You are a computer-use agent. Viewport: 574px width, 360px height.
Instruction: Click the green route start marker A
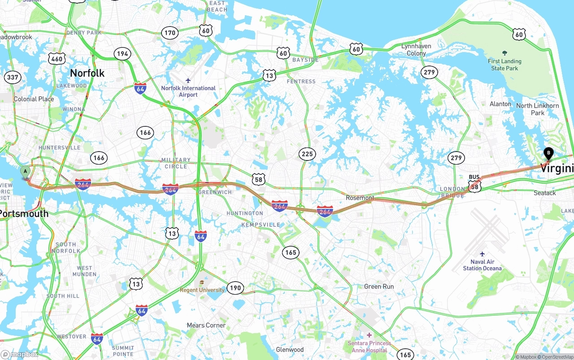click(x=26, y=172)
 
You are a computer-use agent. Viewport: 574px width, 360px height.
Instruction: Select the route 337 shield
click(x=13, y=77)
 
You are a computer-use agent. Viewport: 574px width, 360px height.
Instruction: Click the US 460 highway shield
click(x=57, y=59)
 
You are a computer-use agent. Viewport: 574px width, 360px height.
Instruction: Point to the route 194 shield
click(x=122, y=54)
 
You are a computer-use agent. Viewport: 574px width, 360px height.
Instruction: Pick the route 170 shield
click(x=170, y=33)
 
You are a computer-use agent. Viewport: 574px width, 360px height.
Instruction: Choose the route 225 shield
click(x=307, y=154)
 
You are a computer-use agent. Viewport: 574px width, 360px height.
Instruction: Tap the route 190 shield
click(x=235, y=288)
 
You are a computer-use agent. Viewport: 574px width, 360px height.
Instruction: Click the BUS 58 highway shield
click(x=475, y=184)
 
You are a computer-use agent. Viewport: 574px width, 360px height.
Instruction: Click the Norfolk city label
click(x=87, y=73)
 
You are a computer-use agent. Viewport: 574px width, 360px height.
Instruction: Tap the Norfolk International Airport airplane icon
click(x=188, y=80)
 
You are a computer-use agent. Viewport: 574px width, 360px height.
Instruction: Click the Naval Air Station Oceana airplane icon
click(x=483, y=254)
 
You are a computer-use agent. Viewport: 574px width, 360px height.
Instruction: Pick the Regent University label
click(x=202, y=290)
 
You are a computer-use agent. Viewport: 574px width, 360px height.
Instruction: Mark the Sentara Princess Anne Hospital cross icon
click(x=369, y=335)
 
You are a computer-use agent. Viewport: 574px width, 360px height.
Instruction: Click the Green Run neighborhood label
click(x=379, y=286)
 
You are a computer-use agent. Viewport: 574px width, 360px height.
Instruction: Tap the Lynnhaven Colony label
click(x=416, y=50)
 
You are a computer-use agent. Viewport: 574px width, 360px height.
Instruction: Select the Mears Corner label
click(x=206, y=325)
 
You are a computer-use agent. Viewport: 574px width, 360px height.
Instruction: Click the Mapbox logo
click(x=20, y=354)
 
